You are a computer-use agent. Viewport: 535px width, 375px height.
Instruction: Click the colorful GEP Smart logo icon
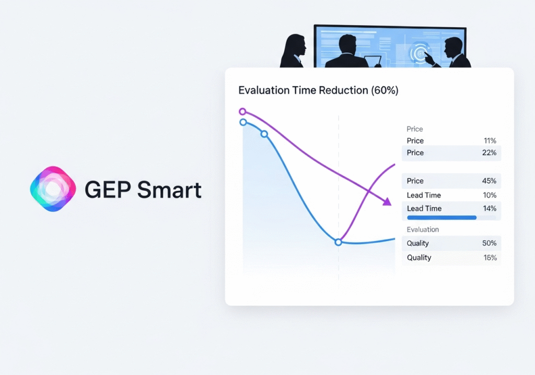pyautogui.click(x=53, y=189)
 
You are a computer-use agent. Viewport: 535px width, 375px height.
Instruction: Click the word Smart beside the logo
pyautogui.click(x=169, y=189)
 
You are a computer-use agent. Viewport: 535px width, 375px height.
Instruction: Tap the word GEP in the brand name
pyautogui.click(x=108, y=189)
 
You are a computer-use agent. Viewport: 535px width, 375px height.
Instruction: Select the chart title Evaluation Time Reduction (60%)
pyautogui.click(x=318, y=90)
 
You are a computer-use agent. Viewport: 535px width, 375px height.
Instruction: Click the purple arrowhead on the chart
pyautogui.click(x=387, y=202)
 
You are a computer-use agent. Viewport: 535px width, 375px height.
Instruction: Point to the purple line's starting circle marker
pyautogui.click(x=242, y=111)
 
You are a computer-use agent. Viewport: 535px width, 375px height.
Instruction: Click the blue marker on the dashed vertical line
pyautogui.click(x=338, y=242)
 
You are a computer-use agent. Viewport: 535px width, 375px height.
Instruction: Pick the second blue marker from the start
pyautogui.click(x=264, y=134)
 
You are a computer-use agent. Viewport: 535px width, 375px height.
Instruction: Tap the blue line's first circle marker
pyautogui.click(x=243, y=122)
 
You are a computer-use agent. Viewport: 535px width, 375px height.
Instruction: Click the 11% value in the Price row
pyautogui.click(x=490, y=141)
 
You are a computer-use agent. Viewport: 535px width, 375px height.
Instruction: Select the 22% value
pyautogui.click(x=489, y=153)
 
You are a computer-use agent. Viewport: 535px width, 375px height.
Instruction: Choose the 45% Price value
pyautogui.click(x=489, y=180)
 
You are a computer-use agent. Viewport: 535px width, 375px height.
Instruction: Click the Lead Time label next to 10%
pyautogui.click(x=424, y=195)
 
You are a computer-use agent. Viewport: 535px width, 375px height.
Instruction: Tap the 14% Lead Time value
pyautogui.click(x=490, y=208)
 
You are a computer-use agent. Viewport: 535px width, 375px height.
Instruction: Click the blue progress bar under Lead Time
pyautogui.click(x=442, y=218)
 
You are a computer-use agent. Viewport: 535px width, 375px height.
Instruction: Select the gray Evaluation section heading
pyautogui.click(x=423, y=230)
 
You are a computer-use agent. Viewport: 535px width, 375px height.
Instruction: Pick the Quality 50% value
pyautogui.click(x=489, y=243)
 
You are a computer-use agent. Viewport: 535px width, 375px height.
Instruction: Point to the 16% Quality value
pyautogui.click(x=490, y=257)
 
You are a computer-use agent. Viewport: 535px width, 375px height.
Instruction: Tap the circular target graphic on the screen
pyautogui.click(x=420, y=53)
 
